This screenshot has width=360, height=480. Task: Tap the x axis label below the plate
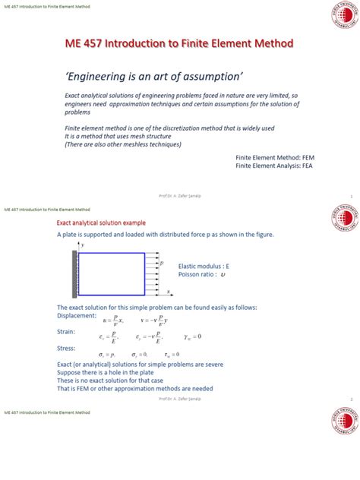pyautogui.click(x=168, y=292)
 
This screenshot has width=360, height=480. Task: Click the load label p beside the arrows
pyautogui.click(x=162, y=263)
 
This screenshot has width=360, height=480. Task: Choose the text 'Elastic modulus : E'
pyautogui.click(x=204, y=267)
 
